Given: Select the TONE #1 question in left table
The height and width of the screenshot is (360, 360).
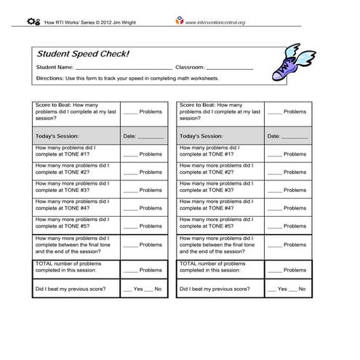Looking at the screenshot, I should pyautogui.click(x=73, y=151).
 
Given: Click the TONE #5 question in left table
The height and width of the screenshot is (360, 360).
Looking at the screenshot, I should pyautogui.click(x=73, y=223).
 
